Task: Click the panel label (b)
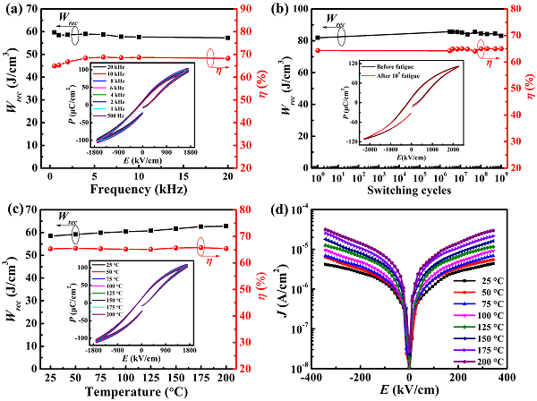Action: point(280,10)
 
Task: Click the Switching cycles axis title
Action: point(406,190)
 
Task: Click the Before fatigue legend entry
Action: point(380,67)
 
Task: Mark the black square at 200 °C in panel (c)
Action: point(226,226)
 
